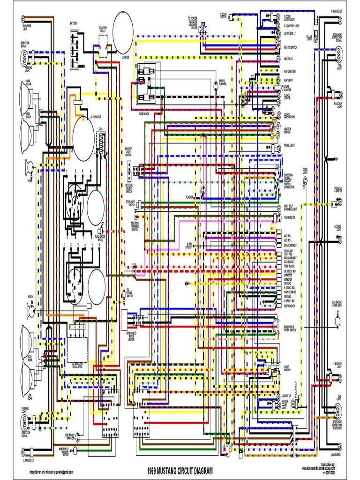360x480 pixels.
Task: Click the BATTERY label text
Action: tap(74, 23)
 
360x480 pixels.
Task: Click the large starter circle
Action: tap(123, 33)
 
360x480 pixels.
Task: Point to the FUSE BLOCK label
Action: tap(144, 114)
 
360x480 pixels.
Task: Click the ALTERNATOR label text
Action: tap(96, 116)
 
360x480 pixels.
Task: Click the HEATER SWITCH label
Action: tap(291, 47)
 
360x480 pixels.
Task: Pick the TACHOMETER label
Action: tap(290, 217)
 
